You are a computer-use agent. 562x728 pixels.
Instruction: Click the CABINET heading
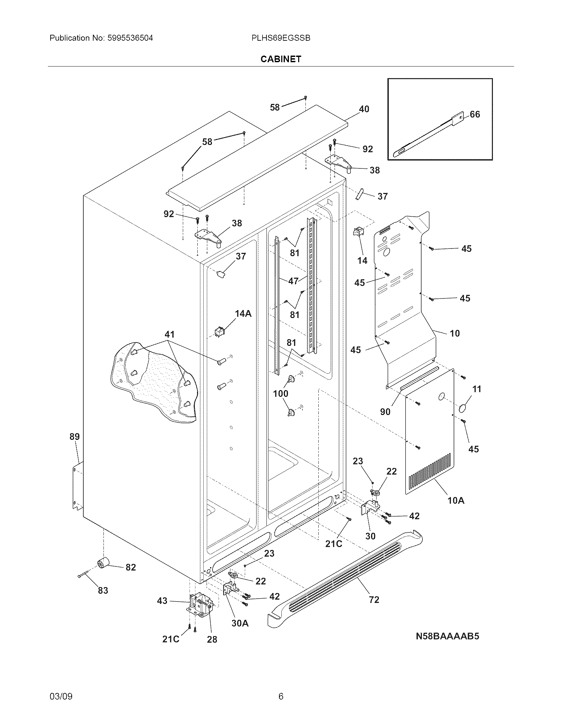[x=281, y=59]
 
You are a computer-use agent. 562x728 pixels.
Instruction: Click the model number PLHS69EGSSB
[x=281, y=38]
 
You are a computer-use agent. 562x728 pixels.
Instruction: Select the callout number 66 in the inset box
[x=475, y=114]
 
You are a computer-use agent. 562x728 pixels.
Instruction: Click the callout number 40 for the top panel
[x=364, y=109]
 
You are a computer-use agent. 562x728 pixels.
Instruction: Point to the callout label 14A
[x=243, y=313]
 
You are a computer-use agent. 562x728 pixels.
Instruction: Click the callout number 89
[x=75, y=436]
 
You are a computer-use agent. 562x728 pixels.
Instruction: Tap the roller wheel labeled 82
[x=104, y=563]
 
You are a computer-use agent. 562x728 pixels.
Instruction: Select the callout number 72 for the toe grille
[x=374, y=600]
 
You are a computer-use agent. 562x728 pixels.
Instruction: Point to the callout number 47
[x=293, y=281]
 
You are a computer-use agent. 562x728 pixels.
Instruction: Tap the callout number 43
[x=162, y=601]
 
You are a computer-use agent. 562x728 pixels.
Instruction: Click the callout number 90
[x=385, y=412]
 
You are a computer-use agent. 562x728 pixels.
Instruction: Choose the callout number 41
[x=170, y=334]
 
